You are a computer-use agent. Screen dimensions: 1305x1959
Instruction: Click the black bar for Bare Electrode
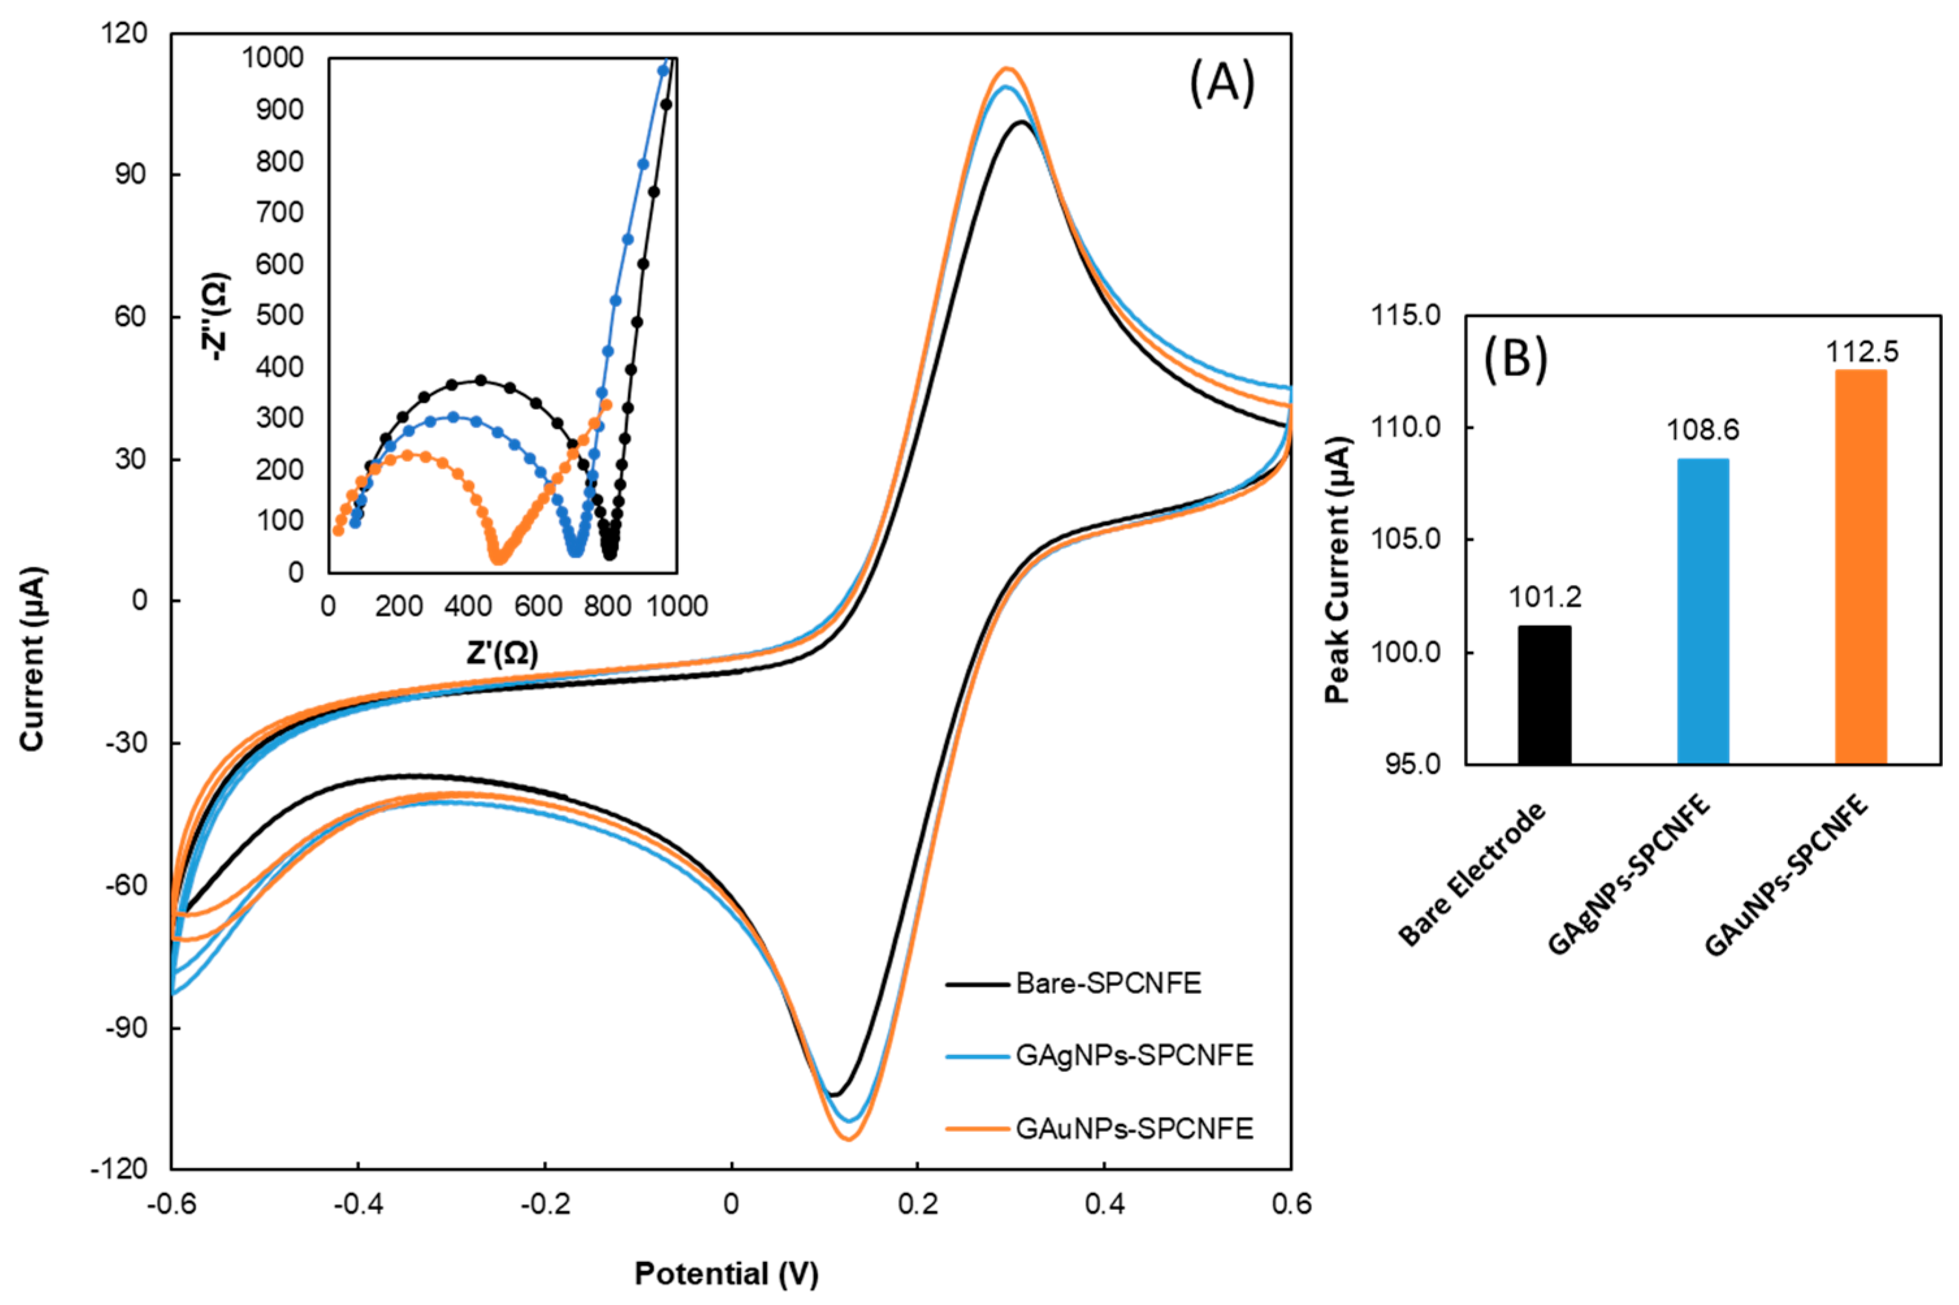(x=1544, y=695)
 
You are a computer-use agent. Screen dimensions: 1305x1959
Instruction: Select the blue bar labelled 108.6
(x=1702, y=611)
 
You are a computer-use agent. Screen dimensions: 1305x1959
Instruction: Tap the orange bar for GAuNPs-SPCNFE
(x=1861, y=567)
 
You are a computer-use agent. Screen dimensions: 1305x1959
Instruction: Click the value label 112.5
(x=1861, y=352)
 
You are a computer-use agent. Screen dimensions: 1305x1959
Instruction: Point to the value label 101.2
(x=1545, y=597)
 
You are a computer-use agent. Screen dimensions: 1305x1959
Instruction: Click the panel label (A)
(x=1220, y=84)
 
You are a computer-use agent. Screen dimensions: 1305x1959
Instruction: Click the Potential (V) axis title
(x=726, y=1273)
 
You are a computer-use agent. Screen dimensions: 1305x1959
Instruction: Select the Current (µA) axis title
(x=33, y=659)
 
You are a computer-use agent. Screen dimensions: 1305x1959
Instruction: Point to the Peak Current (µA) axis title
(x=1337, y=569)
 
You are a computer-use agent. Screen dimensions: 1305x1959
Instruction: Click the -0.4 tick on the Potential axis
(x=358, y=1204)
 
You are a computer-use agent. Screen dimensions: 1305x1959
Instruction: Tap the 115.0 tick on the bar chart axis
(x=1405, y=316)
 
